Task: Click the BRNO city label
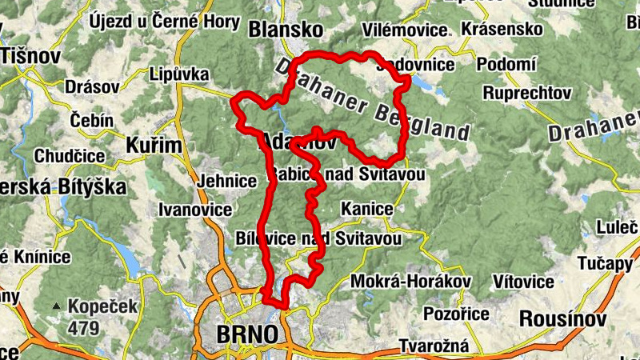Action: click(x=248, y=334)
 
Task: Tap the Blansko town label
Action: click(x=286, y=30)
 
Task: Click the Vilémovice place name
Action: click(x=405, y=30)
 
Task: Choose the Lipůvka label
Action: click(x=179, y=74)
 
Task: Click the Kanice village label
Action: click(x=366, y=209)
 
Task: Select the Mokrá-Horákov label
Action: click(x=410, y=282)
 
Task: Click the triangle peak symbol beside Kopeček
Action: click(x=57, y=306)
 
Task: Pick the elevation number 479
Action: click(x=83, y=327)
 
